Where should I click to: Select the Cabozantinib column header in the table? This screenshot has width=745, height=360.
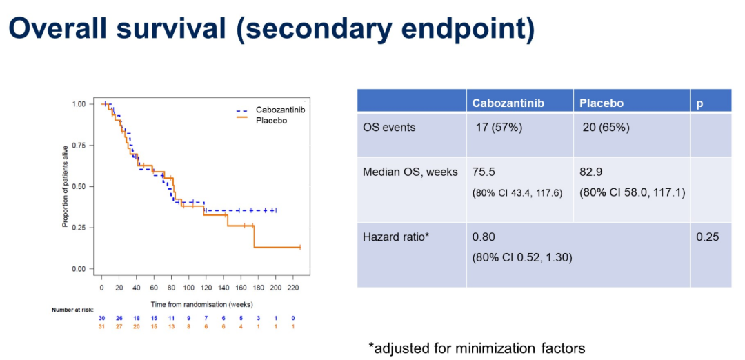[x=508, y=103]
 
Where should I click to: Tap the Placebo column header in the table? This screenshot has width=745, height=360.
[x=602, y=103]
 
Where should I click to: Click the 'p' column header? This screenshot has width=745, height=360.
[x=700, y=103]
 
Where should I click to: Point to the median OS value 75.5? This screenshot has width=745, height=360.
[x=484, y=172]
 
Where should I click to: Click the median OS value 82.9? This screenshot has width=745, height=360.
[x=591, y=172]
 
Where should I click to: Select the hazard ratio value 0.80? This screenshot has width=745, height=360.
[x=484, y=237]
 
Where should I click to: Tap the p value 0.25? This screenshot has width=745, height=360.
[x=707, y=237]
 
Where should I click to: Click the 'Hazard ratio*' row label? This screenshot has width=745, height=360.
[x=396, y=237]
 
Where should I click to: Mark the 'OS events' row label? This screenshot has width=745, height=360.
[x=389, y=128]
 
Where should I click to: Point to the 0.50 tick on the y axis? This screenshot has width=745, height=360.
[x=78, y=186]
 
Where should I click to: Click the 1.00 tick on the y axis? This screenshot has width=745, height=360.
[x=78, y=103]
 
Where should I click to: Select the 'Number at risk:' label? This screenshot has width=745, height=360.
[x=72, y=310]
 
